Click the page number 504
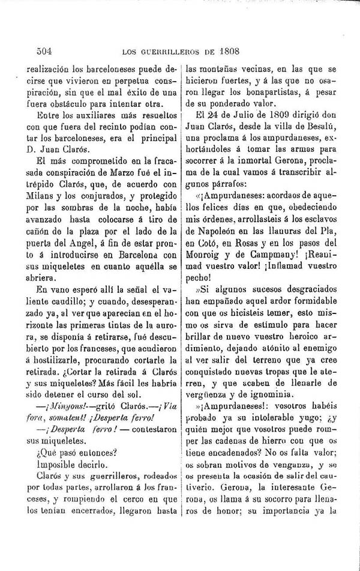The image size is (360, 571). pos(29,51)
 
